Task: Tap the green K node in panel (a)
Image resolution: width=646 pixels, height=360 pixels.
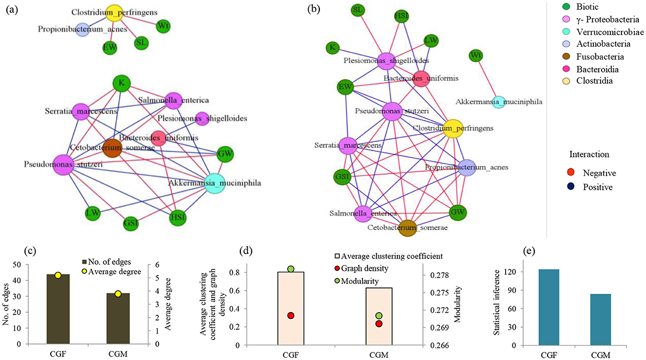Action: pos(121,84)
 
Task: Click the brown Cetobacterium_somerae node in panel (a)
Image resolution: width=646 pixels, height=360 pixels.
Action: pos(112,147)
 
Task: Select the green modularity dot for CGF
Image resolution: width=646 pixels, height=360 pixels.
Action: pos(291,269)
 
